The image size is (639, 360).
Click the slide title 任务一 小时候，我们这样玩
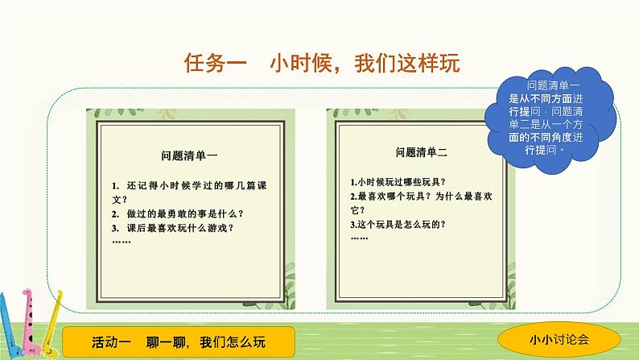click(322, 63)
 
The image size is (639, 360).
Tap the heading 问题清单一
click(189, 155)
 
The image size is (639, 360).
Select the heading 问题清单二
click(422, 152)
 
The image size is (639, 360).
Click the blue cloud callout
click(550, 119)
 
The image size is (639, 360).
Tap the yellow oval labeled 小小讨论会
click(559, 339)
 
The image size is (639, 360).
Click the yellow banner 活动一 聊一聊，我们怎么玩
click(179, 341)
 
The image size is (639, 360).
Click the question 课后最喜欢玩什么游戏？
click(173, 228)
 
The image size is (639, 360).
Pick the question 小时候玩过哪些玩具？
click(398, 182)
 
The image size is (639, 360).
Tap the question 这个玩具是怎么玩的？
click(398, 224)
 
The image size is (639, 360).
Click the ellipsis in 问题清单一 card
click(122, 242)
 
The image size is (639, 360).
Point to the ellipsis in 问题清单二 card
click(360, 238)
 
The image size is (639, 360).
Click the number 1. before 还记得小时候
click(115, 186)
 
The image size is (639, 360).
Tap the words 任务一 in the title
click(216, 63)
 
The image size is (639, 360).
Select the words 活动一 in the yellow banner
click(111, 341)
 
